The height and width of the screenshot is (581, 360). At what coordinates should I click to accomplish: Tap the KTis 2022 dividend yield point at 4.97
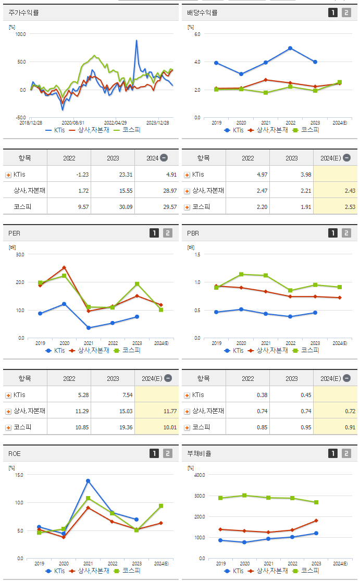(290, 48)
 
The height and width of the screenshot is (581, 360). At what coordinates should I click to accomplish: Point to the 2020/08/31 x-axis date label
(73, 122)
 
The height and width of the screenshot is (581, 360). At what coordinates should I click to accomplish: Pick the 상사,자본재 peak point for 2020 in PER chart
(64, 268)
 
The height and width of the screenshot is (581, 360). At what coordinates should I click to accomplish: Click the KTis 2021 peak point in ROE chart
(88, 480)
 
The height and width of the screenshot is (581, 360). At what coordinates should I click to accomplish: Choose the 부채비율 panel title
(199, 453)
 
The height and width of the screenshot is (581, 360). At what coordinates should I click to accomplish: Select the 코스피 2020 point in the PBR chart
(241, 274)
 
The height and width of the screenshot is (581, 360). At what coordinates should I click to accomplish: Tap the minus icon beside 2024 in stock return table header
(164, 158)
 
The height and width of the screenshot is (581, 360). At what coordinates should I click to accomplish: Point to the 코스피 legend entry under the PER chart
(128, 351)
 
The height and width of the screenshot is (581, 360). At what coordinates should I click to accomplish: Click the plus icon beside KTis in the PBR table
(187, 395)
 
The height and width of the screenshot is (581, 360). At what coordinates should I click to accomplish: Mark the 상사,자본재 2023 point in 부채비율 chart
(316, 521)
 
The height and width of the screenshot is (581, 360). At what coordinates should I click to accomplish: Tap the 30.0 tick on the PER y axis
(21, 254)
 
